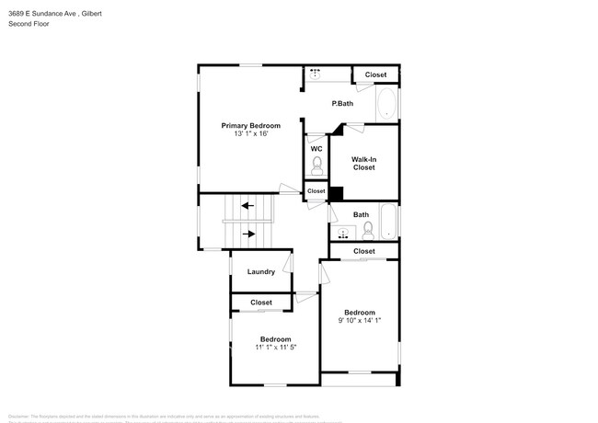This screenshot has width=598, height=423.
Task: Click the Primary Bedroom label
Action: click(250, 125)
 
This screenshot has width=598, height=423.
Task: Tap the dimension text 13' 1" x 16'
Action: click(250, 134)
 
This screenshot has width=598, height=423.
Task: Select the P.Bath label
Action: click(342, 103)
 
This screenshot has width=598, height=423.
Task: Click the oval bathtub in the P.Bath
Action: click(386, 103)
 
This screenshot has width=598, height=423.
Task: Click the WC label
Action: click(316, 148)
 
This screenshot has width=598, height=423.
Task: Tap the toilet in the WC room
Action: click(316, 166)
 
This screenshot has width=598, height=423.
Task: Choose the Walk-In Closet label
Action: click(363, 164)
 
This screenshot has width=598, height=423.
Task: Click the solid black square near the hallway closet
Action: click(337, 193)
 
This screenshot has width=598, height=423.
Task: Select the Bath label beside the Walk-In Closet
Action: click(361, 215)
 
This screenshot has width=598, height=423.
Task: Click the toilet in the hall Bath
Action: click(367, 229)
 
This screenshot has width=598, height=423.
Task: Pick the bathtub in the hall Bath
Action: click(389, 223)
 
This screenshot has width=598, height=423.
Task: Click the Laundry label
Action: click(260, 271)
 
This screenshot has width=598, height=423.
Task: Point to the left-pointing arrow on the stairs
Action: click(246, 207)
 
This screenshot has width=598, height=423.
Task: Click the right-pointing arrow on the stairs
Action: click(247, 234)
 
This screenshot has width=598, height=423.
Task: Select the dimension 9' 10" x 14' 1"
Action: click(360, 321)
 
